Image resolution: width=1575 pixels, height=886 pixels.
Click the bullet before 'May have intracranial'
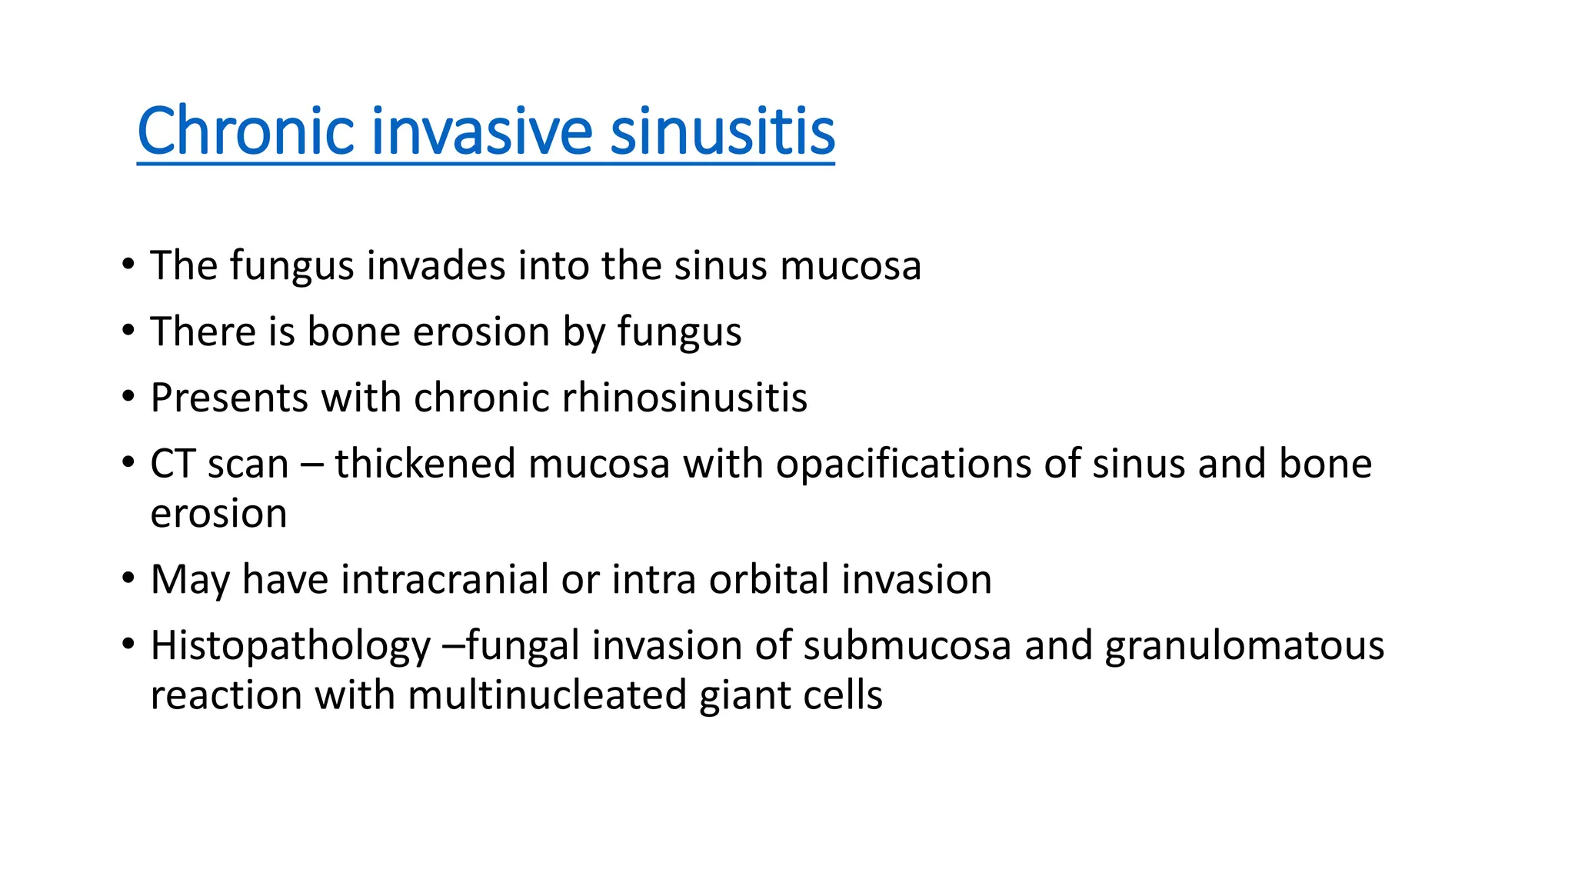point(128,578)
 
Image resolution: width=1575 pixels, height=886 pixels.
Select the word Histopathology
point(290,646)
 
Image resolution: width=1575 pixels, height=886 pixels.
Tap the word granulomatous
point(1244,646)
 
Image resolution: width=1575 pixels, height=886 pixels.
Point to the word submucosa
point(907,646)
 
